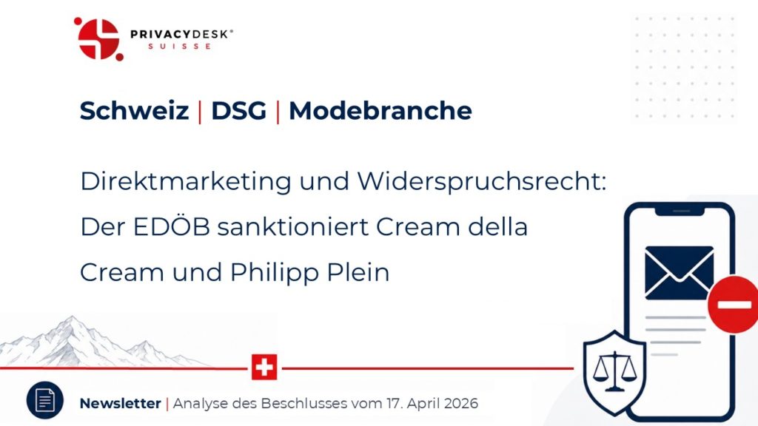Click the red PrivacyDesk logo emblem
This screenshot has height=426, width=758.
(98, 39)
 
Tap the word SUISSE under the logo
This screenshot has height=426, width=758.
(180, 47)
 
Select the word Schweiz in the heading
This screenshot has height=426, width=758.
(134, 111)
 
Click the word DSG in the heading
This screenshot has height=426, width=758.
(239, 111)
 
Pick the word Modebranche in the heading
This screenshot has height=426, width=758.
(380, 111)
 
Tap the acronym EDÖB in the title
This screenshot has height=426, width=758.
(172, 226)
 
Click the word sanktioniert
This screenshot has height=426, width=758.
(293, 227)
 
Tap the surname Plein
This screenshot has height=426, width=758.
(358, 272)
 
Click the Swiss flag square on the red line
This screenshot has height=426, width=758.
(264, 367)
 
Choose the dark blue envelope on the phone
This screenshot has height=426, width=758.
(680, 273)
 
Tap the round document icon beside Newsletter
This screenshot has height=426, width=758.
(45, 400)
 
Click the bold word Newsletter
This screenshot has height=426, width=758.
(120, 403)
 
